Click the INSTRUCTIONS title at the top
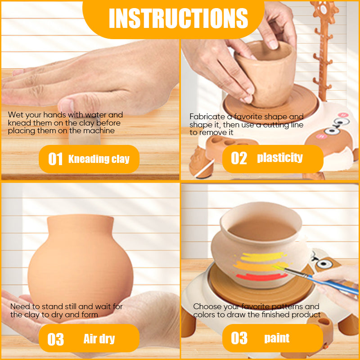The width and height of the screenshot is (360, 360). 178,18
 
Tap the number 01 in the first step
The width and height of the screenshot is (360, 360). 55,159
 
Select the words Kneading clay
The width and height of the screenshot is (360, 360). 99,159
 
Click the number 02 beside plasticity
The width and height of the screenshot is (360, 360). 239,158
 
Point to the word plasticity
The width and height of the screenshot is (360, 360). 280,157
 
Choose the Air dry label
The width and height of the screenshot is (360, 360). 99,339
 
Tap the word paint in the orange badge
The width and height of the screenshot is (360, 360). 277,338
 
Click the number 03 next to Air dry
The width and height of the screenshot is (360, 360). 55,339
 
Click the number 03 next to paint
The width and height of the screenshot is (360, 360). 239,338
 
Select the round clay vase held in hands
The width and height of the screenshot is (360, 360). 81,264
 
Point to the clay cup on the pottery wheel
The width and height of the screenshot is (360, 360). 266,73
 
